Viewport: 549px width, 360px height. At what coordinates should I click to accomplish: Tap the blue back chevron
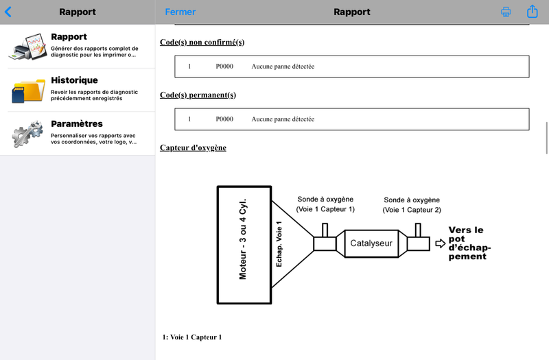click(x=8, y=12)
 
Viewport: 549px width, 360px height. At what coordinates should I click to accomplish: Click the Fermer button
click(x=180, y=12)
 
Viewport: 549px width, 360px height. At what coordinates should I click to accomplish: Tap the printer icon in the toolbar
click(x=506, y=12)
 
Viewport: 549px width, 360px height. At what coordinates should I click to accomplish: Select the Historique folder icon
click(x=28, y=91)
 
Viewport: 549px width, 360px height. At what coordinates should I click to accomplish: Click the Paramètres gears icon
click(x=27, y=134)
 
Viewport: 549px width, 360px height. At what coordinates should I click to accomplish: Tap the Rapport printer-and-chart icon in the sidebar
click(x=28, y=47)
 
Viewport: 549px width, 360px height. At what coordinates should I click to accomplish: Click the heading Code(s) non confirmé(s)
click(x=202, y=43)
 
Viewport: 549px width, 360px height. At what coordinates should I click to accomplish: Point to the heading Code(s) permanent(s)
click(x=198, y=95)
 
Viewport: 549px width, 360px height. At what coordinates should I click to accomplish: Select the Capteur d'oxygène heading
click(x=193, y=148)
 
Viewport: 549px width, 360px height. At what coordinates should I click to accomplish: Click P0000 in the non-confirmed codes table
click(x=224, y=67)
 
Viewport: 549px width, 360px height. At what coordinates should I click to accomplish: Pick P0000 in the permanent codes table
click(x=224, y=119)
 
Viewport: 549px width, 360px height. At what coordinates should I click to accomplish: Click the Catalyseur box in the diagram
click(x=371, y=243)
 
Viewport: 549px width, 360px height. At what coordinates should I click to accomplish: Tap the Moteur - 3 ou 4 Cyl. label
click(x=243, y=239)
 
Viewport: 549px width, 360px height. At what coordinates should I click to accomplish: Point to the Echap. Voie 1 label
click(x=279, y=244)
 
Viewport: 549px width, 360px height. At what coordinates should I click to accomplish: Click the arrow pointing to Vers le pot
click(x=441, y=243)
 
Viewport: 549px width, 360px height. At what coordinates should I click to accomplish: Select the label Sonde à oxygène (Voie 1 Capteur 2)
click(x=412, y=205)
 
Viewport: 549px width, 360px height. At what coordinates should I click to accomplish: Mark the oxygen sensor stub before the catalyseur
click(x=325, y=230)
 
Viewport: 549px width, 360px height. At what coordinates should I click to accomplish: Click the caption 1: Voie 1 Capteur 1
click(x=192, y=337)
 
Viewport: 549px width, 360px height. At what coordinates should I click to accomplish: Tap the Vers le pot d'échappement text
click(x=469, y=243)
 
